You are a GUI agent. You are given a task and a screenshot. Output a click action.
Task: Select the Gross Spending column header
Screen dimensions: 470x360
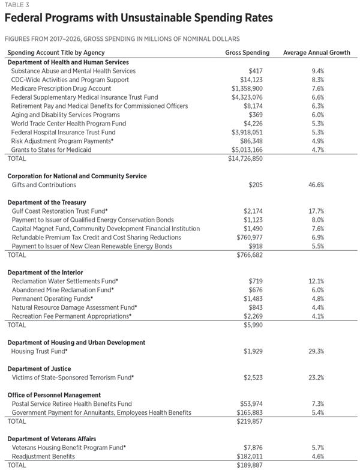[x=247, y=53]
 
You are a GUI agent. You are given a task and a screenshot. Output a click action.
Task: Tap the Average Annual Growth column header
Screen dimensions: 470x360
[x=316, y=53]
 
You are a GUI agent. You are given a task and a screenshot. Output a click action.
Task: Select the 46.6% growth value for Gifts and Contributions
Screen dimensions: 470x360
[x=316, y=185]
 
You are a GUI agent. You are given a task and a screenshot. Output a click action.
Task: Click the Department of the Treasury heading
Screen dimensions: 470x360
[x=47, y=202]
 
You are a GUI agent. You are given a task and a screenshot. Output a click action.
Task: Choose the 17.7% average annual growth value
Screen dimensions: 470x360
[x=316, y=211]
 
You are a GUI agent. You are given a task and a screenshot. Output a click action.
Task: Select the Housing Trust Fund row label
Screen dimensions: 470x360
[x=40, y=351]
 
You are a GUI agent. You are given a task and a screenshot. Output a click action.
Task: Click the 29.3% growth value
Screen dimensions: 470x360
[x=316, y=351]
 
